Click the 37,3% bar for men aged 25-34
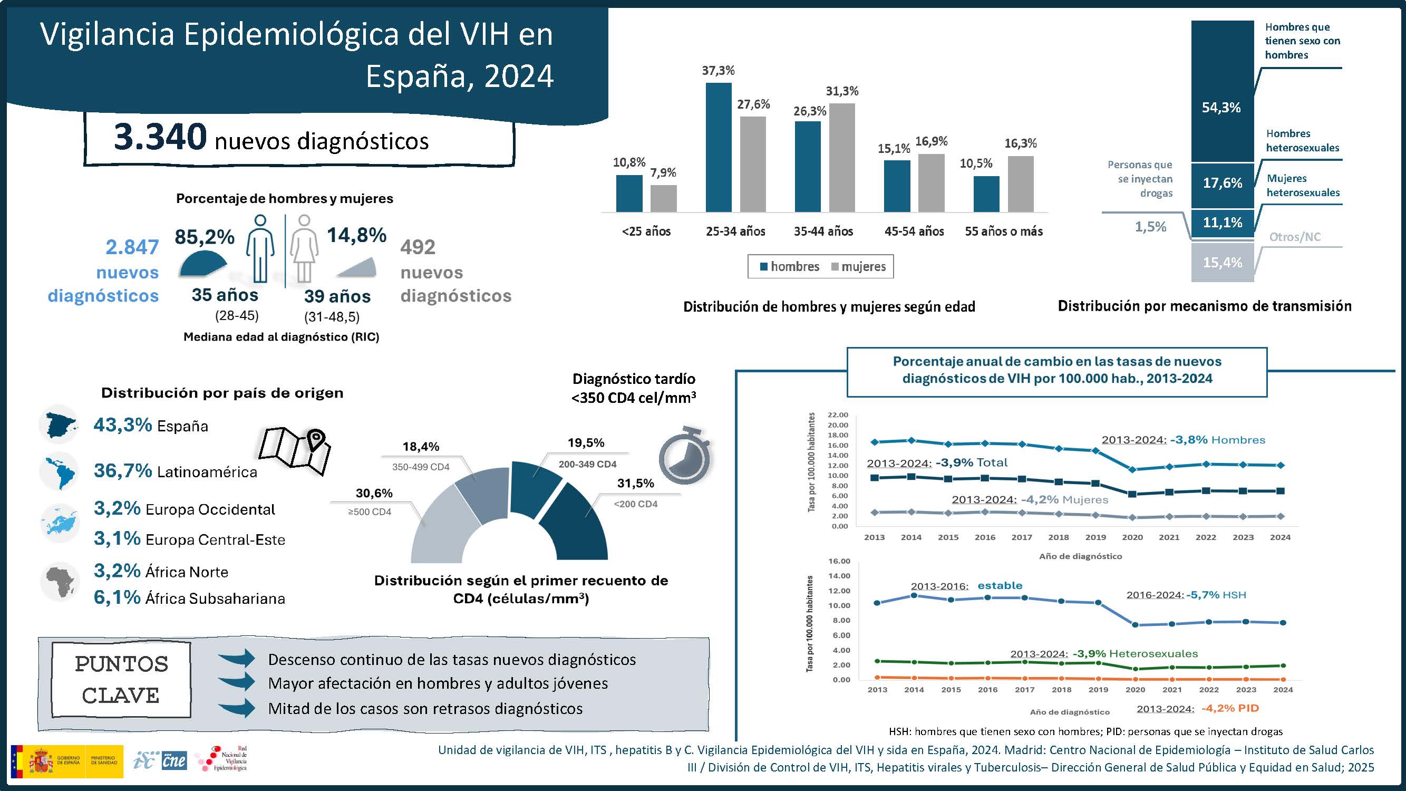[x=718, y=148]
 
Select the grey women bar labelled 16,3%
[x=1020, y=184]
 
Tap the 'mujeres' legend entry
[x=858, y=267]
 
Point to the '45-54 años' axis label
[x=914, y=231]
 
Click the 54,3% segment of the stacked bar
[x=1222, y=92]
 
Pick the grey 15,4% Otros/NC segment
[x=1222, y=263]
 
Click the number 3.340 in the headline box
[x=160, y=137]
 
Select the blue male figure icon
[x=260, y=249]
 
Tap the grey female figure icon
[x=304, y=249]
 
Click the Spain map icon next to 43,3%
[x=59, y=425]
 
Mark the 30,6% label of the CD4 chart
[x=374, y=494]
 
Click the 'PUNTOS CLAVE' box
[x=121, y=680]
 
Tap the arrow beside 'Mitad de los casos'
[x=237, y=708]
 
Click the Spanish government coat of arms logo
[x=42, y=761]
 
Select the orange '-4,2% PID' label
[x=1230, y=709]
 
